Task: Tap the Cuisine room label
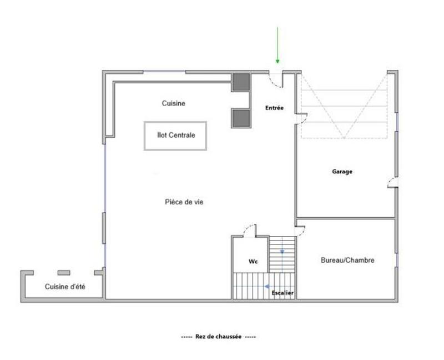point(173,103)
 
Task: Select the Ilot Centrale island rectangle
point(175,136)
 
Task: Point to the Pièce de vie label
point(184,202)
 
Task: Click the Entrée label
point(274,108)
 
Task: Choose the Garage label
point(342,172)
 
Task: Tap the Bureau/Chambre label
point(347,260)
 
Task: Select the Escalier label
point(282,292)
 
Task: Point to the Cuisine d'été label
point(64,287)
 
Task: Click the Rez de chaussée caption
point(218,337)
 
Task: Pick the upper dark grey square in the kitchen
point(240,82)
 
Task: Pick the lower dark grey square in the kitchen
point(240,117)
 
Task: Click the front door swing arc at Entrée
point(275,80)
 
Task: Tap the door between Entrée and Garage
point(301,118)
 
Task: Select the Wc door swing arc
point(249,230)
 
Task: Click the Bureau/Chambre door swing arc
point(301,230)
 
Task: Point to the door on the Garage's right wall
point(392,182)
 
